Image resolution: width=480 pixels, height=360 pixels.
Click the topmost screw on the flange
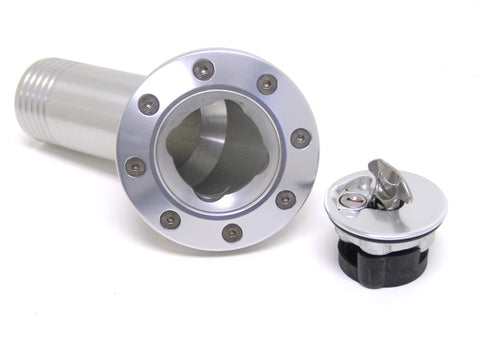203,69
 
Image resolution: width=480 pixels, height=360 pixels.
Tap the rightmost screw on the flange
300,138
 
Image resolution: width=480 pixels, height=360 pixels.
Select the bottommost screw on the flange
232,232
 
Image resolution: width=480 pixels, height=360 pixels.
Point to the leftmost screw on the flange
135,166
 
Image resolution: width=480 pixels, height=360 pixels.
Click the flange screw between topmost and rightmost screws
267,84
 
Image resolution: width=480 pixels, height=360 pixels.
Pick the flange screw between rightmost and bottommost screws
286,199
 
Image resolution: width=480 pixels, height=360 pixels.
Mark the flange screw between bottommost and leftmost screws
170,218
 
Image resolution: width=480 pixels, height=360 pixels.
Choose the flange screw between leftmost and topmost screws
149,103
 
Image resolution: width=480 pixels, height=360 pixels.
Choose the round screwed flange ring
290,110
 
